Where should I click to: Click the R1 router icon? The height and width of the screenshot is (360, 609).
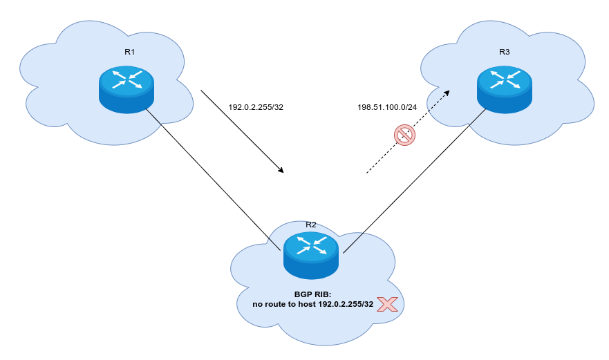pos(127,88)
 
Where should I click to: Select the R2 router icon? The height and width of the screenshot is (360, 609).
pos(311,254)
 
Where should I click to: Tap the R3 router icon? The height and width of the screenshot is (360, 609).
pos(505,88)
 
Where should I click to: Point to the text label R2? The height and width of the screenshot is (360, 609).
pos(311,225)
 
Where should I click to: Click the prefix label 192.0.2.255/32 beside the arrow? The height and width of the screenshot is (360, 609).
pos(256,107)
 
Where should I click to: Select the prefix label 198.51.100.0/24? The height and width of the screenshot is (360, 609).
pos(387,107)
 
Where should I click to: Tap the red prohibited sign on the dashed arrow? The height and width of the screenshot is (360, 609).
pos(404,135)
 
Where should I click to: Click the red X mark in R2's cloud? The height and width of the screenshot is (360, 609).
pos(387,304)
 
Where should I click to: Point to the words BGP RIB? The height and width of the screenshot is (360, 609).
pos(313,294)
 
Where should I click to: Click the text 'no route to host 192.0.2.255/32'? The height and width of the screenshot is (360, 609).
pos(313,304)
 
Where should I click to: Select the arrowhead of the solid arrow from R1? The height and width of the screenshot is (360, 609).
pos(281,170)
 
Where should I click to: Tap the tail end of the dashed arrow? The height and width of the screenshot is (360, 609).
pos(367,173)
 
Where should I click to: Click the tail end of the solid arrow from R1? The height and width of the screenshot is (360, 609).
pos(201,91)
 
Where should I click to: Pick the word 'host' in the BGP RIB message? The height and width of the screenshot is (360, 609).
pos(306,304)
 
